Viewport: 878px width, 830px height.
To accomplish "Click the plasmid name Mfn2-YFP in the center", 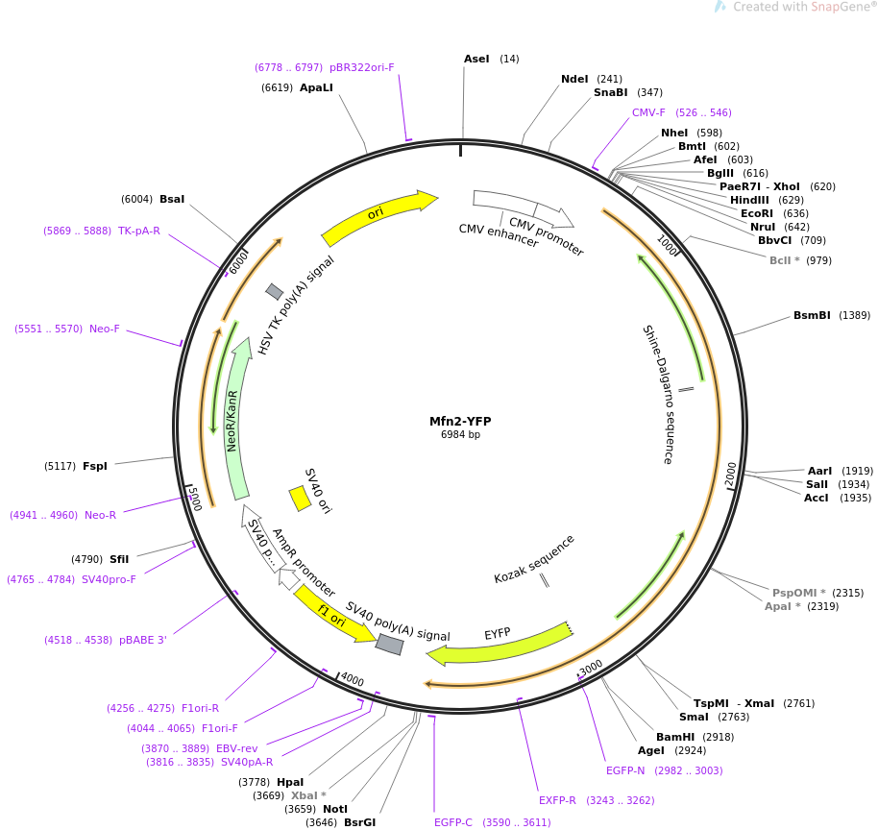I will pos(460,421).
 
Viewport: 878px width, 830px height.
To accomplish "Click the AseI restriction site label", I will pos(476,59).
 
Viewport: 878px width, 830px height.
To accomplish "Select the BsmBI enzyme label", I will pos(811,315).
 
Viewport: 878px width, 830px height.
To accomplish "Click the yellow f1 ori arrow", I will pos(332,615).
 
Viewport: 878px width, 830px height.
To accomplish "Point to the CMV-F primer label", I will pos(648,112).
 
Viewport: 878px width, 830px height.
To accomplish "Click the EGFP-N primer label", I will pos(625,770).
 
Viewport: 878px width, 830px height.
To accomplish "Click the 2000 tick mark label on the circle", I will pos(731,474).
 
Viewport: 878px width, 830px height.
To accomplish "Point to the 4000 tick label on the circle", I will pos(353,680).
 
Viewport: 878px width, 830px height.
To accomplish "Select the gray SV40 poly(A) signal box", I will pos(389,645).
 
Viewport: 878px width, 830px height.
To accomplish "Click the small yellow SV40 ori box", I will pos(300,499).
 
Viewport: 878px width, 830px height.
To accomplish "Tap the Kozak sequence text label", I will pos(534,559).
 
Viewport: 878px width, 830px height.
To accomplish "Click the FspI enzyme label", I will pos(95,466).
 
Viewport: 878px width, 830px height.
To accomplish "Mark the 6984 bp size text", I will pos(460,435).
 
